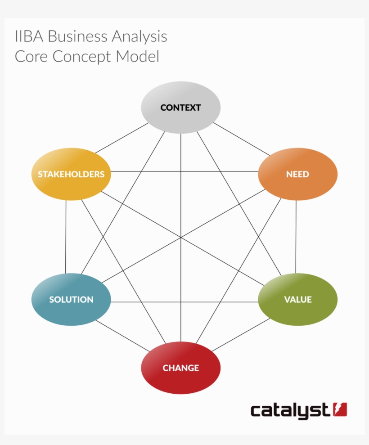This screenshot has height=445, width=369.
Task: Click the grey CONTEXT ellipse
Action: pyautogui.click(x=181, y=108)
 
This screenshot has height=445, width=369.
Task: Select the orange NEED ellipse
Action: pyautogui.click(x=298, y=174)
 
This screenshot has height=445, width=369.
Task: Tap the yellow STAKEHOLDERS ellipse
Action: pyautogui.click(x=71, y=174)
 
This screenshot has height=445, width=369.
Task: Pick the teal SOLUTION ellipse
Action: pyautogui.click(x=71, y=299)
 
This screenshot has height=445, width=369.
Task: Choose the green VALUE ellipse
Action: pyautogui.click(x=298, y=299)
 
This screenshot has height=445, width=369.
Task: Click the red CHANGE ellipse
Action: pyautogui.click(x=181, y=368)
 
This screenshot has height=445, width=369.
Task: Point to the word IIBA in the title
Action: pyautogui.click(x=29, y=36)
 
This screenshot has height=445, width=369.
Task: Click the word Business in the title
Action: pyautogui.click(x=77, y=36)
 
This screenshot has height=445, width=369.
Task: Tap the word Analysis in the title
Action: pyautogui.click(x=139, y=37)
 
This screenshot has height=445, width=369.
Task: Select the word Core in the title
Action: pyautogui.click(x=31, y=56)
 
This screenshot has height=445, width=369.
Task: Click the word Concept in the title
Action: pyautogui.click(x=82, y=57)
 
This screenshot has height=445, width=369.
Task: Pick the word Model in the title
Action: pyautogui.click(x=137, y=56)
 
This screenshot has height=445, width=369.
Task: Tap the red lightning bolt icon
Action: pyautogui.click(x=340, y=409)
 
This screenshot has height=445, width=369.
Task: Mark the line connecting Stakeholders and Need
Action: pyautogui.click(x=184, y=171)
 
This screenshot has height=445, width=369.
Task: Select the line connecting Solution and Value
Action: pyautogui.click(x=184, y=302)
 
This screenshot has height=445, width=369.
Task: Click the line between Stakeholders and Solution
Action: pyautogui.click(x=66, y=237)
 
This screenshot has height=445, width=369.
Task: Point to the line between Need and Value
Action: pyautogui.click(x=296, y=237)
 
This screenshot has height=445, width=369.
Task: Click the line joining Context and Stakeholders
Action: pyautogui.click(x=121, y=138)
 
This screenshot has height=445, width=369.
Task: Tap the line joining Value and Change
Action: pyautogui.click(x=241, y=335)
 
